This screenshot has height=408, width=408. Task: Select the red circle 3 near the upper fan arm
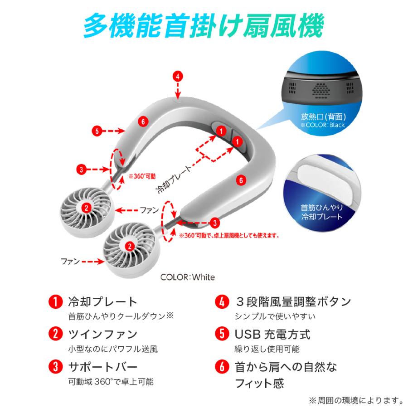[81, 170]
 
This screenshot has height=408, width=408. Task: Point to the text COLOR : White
[188, 277]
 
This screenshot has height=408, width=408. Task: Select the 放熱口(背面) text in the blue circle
[313, 117]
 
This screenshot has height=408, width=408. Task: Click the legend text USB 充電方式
[272, 335]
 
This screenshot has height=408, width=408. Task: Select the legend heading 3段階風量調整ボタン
[293, 301]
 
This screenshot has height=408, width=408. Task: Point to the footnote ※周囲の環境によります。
[357, 400]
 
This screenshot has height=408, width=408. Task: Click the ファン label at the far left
[70, 261]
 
